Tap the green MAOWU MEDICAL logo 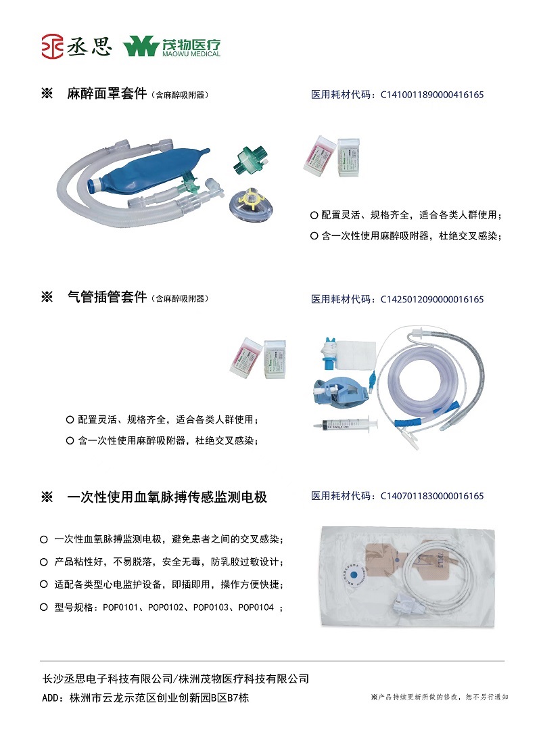pyautogui.click(x=172, y=47)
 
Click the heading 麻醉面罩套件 pyautogui.click(x=107, y=94)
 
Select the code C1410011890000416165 pyautogui.click(x=432, y=95)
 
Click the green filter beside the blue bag pyautogui.click(x=245, y=160)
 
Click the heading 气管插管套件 pyautogui.click(x=107, y=297)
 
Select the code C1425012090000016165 pyautogui.click(x=432, y=299)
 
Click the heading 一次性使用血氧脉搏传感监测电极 pyautogui.click(x=167, y=497)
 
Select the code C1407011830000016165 pyautogui.click(x=432, y=497)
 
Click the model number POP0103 pyautogui.click(x=212, y=607)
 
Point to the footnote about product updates pyautogui.click(x=440, y=697)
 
